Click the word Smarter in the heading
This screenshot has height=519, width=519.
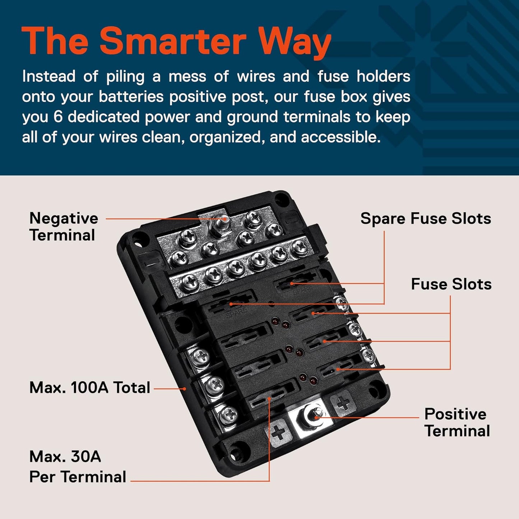point(172,41)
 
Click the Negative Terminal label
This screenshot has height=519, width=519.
point(64,227)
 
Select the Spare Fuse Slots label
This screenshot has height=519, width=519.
point(426,218)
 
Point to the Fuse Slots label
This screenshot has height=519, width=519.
point(451,284)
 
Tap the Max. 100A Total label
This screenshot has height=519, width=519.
point(90,388)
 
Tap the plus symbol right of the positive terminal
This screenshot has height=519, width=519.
point(343,402)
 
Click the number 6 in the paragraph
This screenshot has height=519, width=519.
point(58,117)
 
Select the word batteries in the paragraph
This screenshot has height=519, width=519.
point(131,97)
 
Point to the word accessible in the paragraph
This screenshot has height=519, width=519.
point(341,137)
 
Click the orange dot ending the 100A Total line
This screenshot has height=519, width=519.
point(185,388)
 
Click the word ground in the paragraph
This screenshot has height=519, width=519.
point(252,118)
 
